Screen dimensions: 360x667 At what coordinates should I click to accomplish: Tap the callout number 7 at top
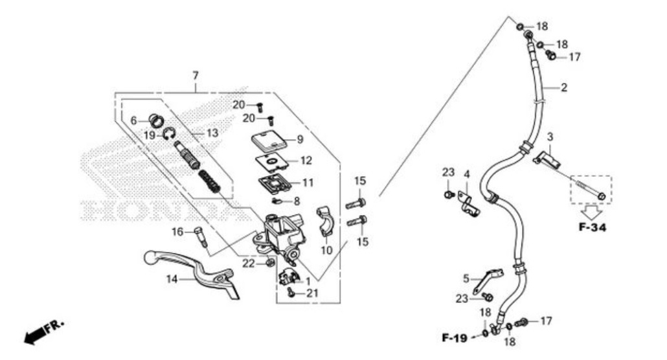(x=195, y=76)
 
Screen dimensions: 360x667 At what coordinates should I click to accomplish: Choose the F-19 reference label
(x=455, y=337)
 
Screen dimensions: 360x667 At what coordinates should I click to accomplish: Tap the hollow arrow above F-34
(x=590, y=210)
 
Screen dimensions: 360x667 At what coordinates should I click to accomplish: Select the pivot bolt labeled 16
(x=200, y=236)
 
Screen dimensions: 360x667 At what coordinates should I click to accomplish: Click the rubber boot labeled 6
(x=156, y=120)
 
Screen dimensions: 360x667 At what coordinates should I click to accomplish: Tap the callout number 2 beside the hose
(x=563, y=87)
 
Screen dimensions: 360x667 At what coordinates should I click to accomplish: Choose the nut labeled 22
(x=269, y=262)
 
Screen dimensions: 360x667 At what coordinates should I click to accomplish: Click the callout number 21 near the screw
(x=313, y=293)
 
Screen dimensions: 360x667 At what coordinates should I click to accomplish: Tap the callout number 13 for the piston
(x=212, y=133)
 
